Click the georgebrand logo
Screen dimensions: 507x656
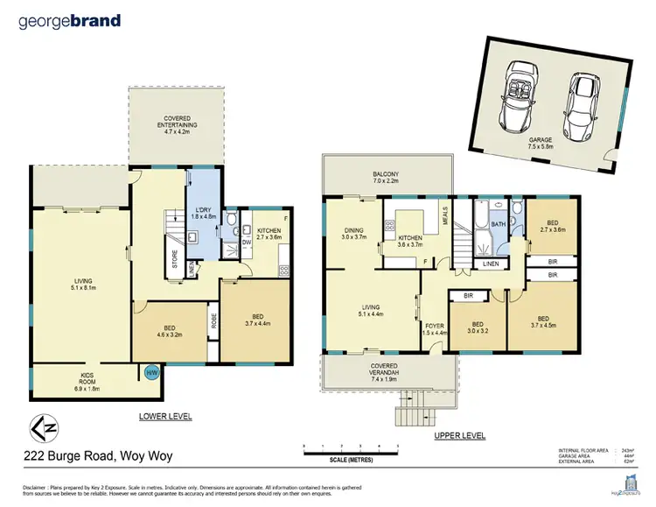69,21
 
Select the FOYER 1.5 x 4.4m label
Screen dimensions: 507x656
434,329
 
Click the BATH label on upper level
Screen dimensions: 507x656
497,224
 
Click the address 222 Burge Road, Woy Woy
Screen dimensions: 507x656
88,456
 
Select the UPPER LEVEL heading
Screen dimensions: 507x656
460,435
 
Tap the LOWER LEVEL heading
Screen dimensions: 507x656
167,416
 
